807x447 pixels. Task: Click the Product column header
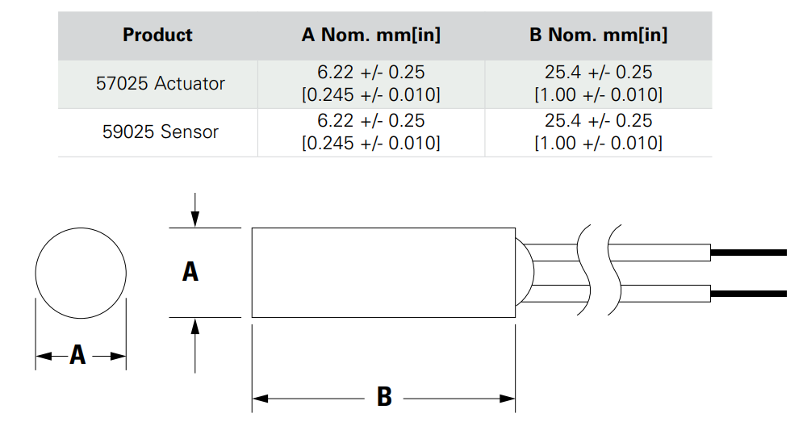157,36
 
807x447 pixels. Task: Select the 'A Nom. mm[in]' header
370,36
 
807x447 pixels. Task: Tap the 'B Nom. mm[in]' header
598,36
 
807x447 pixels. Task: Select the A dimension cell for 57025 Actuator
370,84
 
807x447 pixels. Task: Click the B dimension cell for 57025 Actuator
598,84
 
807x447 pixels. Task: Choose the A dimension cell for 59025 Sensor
370,132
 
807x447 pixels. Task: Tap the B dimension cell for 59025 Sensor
598,132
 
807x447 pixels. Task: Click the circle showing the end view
81,273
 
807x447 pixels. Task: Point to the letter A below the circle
77,355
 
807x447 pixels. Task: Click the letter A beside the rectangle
190,272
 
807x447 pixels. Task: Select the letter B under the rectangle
384,397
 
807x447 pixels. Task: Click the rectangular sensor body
383,273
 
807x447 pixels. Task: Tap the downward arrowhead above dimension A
194,220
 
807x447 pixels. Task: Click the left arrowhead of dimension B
259,398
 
